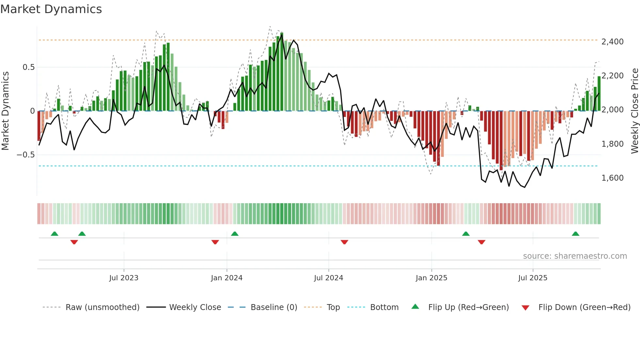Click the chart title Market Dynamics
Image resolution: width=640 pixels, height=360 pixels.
tap(51, 9)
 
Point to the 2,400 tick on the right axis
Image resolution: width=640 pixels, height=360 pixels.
tap(612, 42)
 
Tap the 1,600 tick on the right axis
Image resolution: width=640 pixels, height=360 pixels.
tap(612, 178)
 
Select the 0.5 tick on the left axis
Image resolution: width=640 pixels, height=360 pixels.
tap(28, 67)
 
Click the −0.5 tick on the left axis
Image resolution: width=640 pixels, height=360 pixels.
tap(26, 155)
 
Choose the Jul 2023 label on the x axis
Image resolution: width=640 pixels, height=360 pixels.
tap(124, 278)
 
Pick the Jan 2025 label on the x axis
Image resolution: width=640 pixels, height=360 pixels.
tap(431, 278)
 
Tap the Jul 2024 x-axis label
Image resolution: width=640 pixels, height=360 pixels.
tap(328, 278)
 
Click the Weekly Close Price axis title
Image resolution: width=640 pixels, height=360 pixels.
tap(634, 111)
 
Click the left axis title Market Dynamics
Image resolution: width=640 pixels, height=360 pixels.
tap(5, 111)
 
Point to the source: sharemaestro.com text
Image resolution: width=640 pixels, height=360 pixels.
tap(575, 256)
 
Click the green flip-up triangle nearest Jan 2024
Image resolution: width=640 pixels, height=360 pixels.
tap(234, 234)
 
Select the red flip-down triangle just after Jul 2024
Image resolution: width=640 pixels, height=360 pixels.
tap(344, 242)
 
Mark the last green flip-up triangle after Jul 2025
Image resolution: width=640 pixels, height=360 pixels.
tap(575, 234)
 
